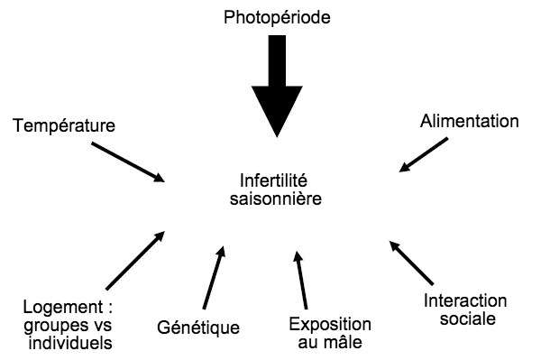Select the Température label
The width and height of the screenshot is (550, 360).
point(63,125)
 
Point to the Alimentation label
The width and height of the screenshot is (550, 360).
point(470,120)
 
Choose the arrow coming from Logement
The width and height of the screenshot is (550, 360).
point(135,258)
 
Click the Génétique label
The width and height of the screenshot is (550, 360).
point(198,326)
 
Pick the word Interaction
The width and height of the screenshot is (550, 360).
point(465,300)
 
